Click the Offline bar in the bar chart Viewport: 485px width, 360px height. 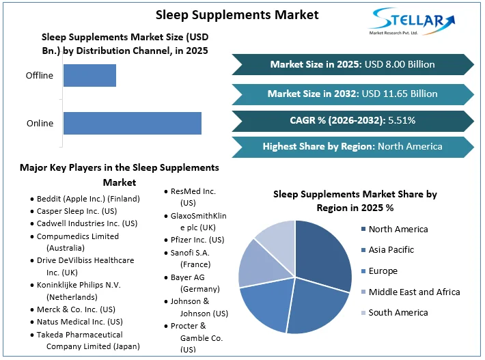[89, 76]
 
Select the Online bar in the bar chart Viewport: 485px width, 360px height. [132, 124]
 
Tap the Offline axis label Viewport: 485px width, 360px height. [39, 76]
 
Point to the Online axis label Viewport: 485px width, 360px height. [40, 124]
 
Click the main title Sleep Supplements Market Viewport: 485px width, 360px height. [237, 14]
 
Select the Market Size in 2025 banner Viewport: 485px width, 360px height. [352, 65]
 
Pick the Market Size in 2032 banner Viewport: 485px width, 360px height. [352, 94]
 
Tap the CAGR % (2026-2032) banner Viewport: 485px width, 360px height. [352, 121]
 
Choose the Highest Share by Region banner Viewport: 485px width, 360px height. [352, 146]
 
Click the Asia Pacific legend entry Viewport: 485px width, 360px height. [391, 250]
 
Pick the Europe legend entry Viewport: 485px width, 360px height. [383, 271]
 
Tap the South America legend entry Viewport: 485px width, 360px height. [398, 313]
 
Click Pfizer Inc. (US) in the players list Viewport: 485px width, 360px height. [197, 240]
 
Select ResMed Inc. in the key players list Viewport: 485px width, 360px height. [193, 192]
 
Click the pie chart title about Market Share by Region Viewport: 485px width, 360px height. [355, 201]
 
